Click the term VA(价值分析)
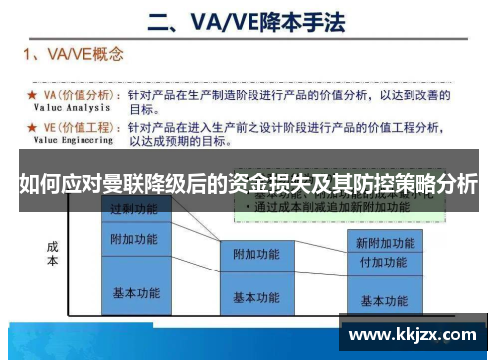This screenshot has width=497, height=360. (80, 95)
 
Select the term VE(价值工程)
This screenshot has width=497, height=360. (80, 128)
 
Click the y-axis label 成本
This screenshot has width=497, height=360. (52, 254)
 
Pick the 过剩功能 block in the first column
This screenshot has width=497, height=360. (134, 210)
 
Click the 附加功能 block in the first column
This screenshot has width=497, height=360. (134, 240)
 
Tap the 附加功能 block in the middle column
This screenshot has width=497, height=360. (256, 255)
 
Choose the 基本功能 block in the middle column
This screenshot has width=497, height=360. (256, 297)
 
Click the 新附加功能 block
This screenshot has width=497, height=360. (384, 242)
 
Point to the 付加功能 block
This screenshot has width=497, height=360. (384, 263)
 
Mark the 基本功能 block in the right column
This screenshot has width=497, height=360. (384, 300)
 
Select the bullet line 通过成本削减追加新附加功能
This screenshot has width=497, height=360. (328, 208)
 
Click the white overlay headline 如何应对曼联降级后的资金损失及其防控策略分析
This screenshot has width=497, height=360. (248, 184)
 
